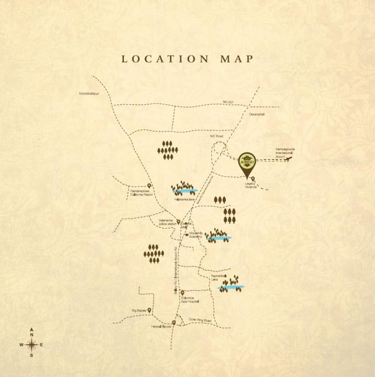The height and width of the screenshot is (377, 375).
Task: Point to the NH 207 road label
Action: pos(231,102)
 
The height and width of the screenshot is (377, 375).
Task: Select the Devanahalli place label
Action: pos(257,114)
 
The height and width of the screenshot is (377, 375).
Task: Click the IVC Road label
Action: pos(216,136)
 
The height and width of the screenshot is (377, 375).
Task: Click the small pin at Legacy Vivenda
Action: pos(253,179)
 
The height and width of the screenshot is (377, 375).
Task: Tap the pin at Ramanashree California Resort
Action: pos(149,186)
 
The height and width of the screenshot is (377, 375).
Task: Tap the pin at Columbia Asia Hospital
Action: pos(183,293)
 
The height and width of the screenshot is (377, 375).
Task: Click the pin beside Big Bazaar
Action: pos(150,311)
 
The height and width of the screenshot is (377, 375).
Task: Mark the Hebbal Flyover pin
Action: pos(173,322)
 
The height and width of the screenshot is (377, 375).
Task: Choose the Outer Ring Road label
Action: pos(200,320)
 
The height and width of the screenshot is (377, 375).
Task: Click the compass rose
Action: pos(32,344)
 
